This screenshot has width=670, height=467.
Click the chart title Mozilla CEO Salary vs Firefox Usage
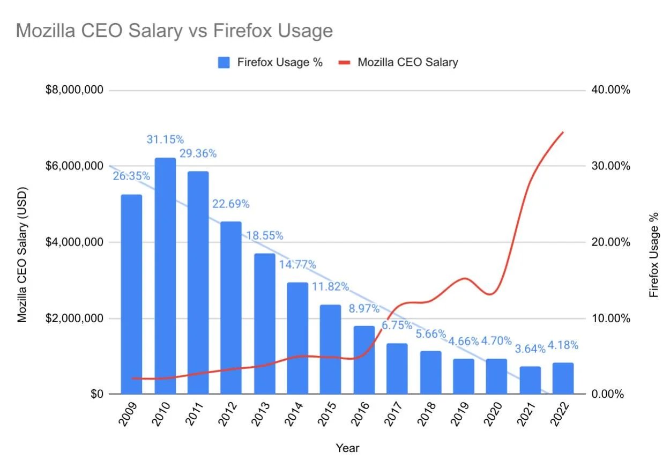click(x=174, y=31)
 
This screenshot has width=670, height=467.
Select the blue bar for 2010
click(x=165, y=276)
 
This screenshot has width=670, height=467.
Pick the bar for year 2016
click(x=364, y=360)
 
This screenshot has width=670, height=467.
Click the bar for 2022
click(x=563, y=379)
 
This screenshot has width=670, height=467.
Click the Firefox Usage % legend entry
click(x=271, y=62)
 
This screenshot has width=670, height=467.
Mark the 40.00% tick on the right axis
click(x=612, y=90)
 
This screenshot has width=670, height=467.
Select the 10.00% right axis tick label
click(x=612, y=318)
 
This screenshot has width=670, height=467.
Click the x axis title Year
click(x=347, y=448)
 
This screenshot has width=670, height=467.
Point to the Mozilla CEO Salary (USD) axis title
click(x=22, y=255)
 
